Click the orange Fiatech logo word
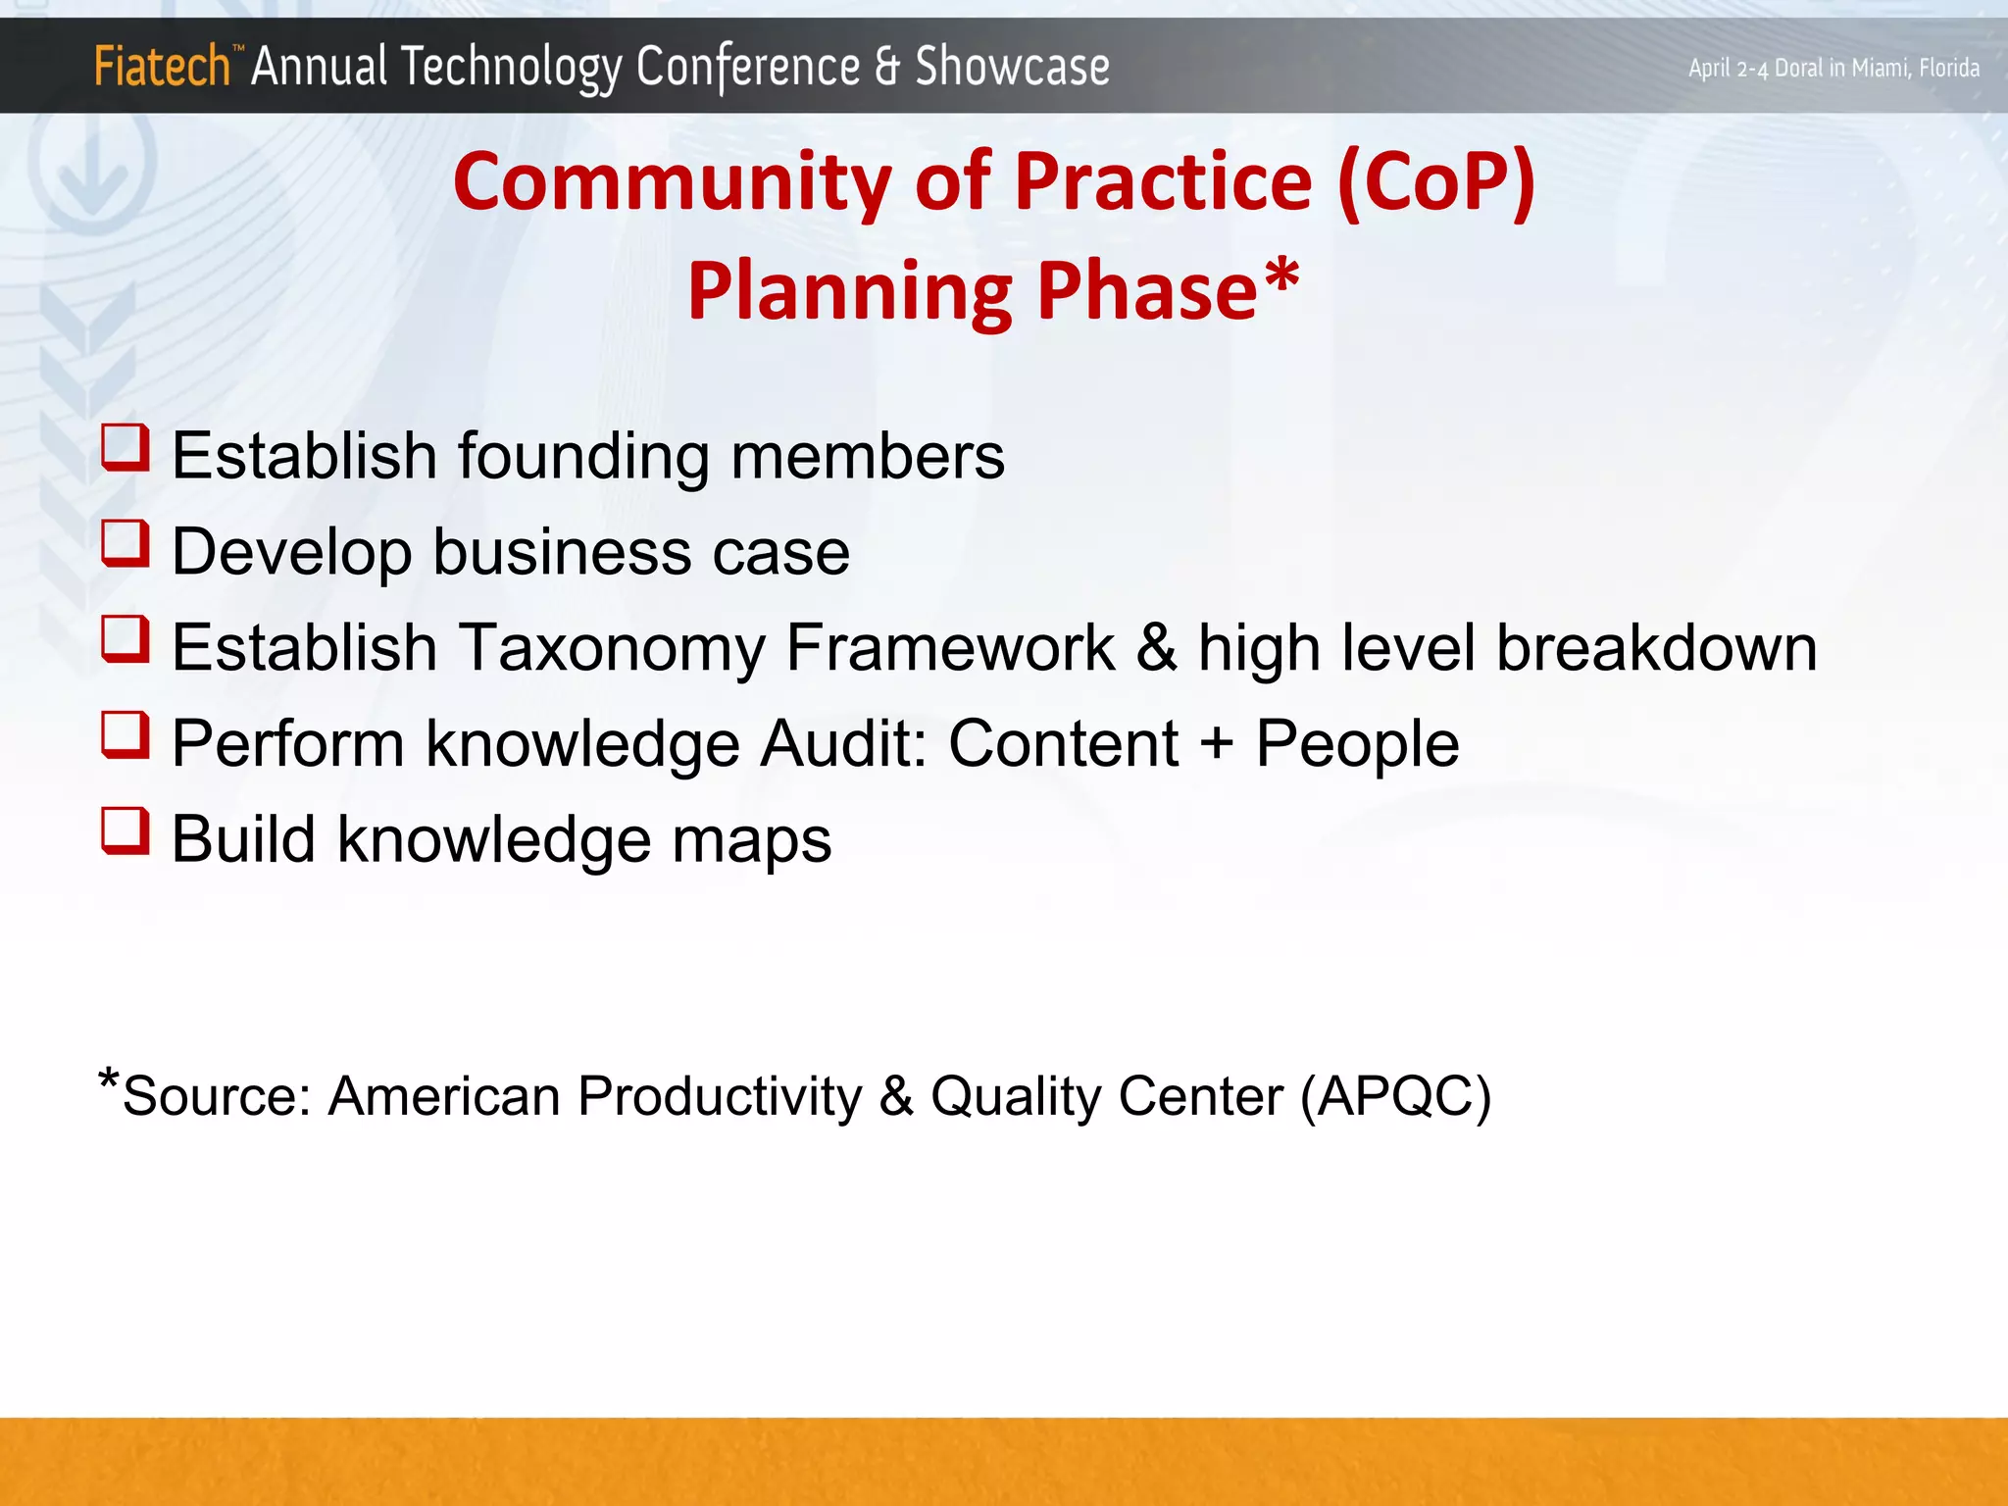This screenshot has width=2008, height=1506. (x=162, y=67)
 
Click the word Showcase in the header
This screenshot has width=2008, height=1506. (x=1012, y=67)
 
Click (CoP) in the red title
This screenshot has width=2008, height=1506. (x=1435, y=183)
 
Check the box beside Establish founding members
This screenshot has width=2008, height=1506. (x=125, y=447)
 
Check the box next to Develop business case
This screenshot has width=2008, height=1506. (x=125, y=543)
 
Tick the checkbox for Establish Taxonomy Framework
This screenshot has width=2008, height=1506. (x=125, y=638)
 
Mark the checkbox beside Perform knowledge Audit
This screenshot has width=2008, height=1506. (x=125, y=734)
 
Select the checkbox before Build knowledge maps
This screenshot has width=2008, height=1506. (x=125, y=830)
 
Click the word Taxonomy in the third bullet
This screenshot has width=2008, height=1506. (x=612, y=649)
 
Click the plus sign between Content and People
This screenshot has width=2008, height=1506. (x=1216, y=744)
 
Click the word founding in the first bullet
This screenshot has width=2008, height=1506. (x=583, y=457)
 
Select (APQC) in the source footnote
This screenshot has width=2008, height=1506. (x=1395, y=1096)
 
